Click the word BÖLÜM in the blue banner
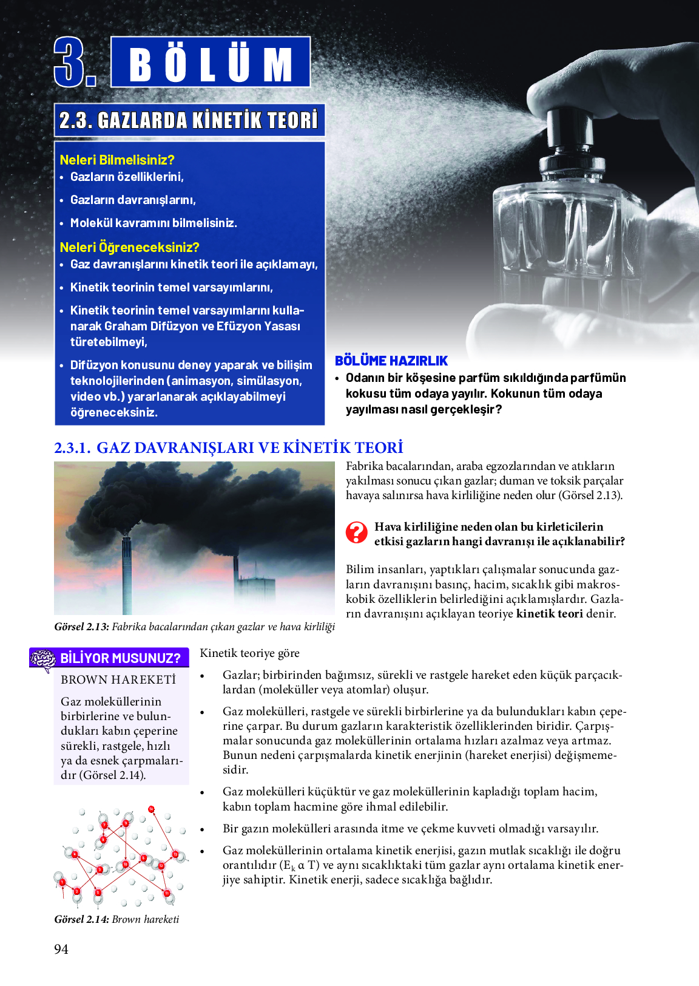211,64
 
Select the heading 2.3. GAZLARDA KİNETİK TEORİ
189,120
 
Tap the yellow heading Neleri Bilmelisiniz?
117,160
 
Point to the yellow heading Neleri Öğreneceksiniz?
129,247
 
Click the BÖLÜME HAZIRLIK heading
391,361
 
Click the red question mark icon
356,532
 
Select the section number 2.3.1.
72,448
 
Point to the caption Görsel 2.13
81,627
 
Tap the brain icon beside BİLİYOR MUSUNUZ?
43,659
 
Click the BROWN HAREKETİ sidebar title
118,679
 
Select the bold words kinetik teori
549,613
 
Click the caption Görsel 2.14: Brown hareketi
116,919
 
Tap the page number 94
61,949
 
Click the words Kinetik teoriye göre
249,653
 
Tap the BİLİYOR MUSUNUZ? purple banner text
120,658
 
